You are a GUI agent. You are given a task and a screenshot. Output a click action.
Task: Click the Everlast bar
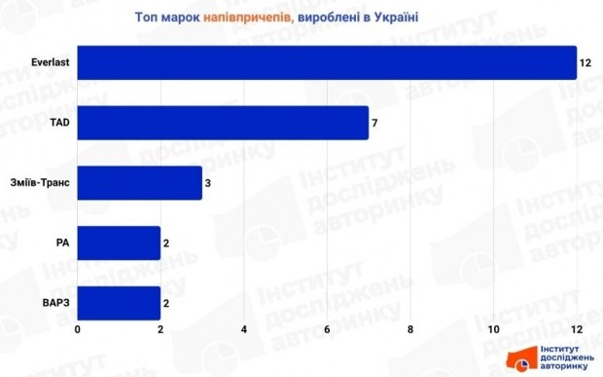pos(327,62)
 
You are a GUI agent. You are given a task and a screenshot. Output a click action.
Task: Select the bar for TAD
pos(223,123)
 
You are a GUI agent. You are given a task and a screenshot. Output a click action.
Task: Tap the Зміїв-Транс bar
pos(140,183)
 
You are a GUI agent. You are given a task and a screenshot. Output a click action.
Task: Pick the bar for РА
pos(119,243)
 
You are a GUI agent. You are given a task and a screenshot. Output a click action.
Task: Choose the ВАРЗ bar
pos(119,303)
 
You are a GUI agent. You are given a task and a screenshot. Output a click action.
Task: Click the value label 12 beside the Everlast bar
pos(585,62)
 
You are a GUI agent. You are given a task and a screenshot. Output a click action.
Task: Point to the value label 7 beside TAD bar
pos(374,123)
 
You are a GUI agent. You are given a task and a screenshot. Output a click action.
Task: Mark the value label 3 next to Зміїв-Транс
pos(208,183)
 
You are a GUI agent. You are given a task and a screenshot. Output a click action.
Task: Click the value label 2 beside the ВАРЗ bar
pos(166,303)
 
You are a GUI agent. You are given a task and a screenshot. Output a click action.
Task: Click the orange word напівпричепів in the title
pos(249,17)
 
